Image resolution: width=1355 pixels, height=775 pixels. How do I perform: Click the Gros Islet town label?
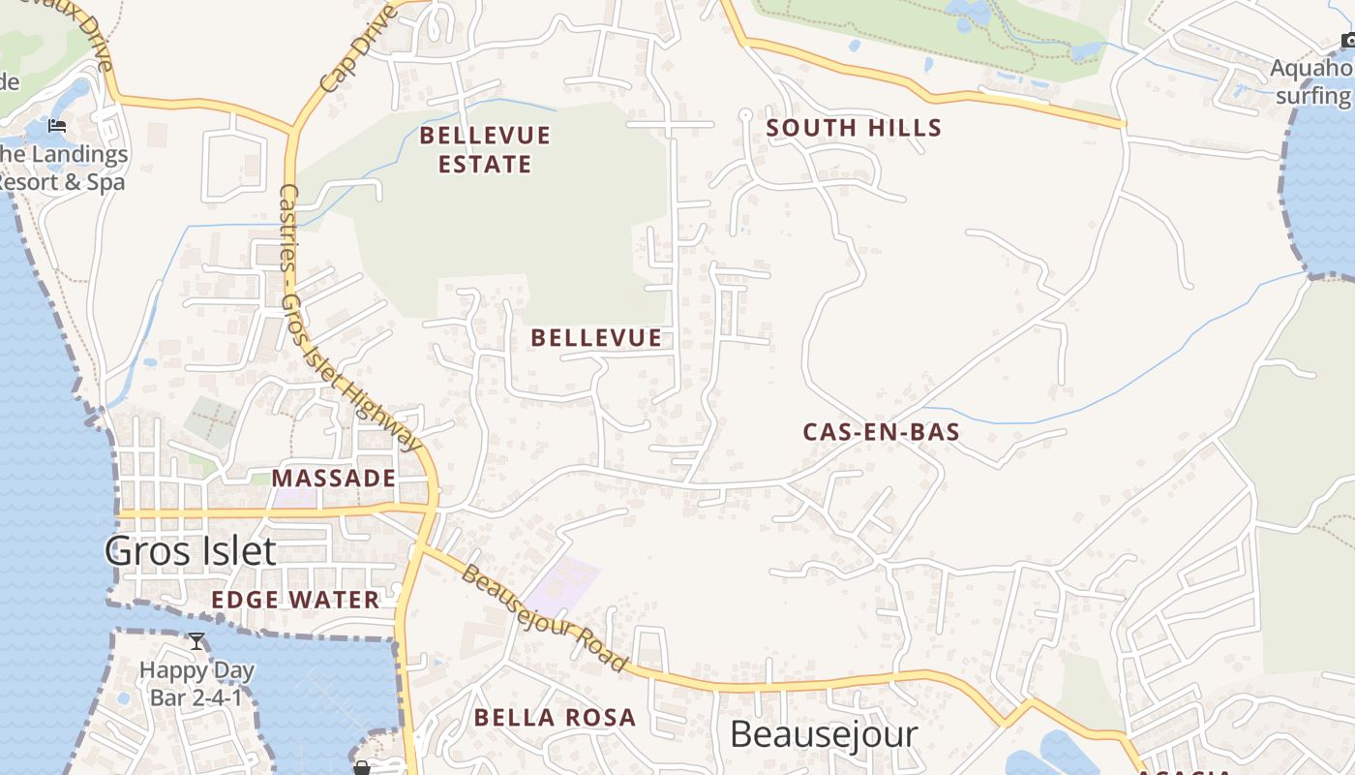(190, 551)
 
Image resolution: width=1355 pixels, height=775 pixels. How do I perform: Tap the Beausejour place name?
(823, 734)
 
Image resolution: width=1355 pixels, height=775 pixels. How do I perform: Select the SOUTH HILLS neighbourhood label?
(854, 128)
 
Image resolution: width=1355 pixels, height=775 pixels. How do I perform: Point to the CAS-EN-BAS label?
(881, 432)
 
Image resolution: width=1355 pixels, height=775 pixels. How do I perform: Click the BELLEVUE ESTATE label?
(485, 149)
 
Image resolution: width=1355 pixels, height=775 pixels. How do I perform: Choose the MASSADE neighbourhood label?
(333, 478)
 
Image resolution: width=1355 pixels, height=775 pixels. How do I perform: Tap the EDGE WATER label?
(295, 600)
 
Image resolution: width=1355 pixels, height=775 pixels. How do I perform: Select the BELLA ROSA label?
(555, 718)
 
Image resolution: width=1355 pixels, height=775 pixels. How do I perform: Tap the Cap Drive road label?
(357, 47)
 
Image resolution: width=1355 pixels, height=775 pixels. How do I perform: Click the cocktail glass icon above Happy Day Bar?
(196, 641)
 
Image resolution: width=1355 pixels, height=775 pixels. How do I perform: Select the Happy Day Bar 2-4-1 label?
(196, 683)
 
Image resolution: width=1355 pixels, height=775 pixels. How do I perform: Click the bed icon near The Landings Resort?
(57, 126)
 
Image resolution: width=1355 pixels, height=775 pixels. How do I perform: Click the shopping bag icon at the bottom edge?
(361, 768)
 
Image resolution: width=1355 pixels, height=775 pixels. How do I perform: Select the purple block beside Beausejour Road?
(561, 586)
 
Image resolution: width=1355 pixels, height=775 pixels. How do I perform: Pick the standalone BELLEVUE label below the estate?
(596, 338)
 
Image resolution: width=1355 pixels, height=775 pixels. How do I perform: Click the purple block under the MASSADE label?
(296, 498)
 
